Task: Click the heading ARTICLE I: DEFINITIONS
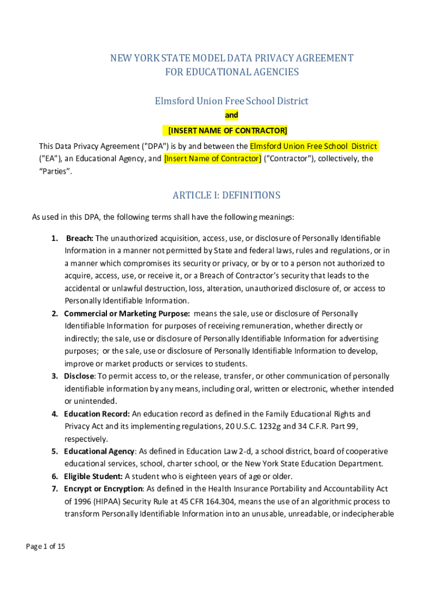coord(226,196)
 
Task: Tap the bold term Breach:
coord(80,238)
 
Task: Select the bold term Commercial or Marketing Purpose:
coord(127,313)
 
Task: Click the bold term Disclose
coord(79,376)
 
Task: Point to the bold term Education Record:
coord(97,414)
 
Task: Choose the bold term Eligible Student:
coord(93,476)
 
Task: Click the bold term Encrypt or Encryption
coord(103,489)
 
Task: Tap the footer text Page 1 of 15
coord(45,546)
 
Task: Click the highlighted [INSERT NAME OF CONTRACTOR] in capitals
coord(227,131)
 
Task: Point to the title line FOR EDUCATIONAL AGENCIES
coord(232,72)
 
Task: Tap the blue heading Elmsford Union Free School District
coord(231,101)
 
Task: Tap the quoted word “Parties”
coord(56,171)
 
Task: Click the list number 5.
coord(55,452)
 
